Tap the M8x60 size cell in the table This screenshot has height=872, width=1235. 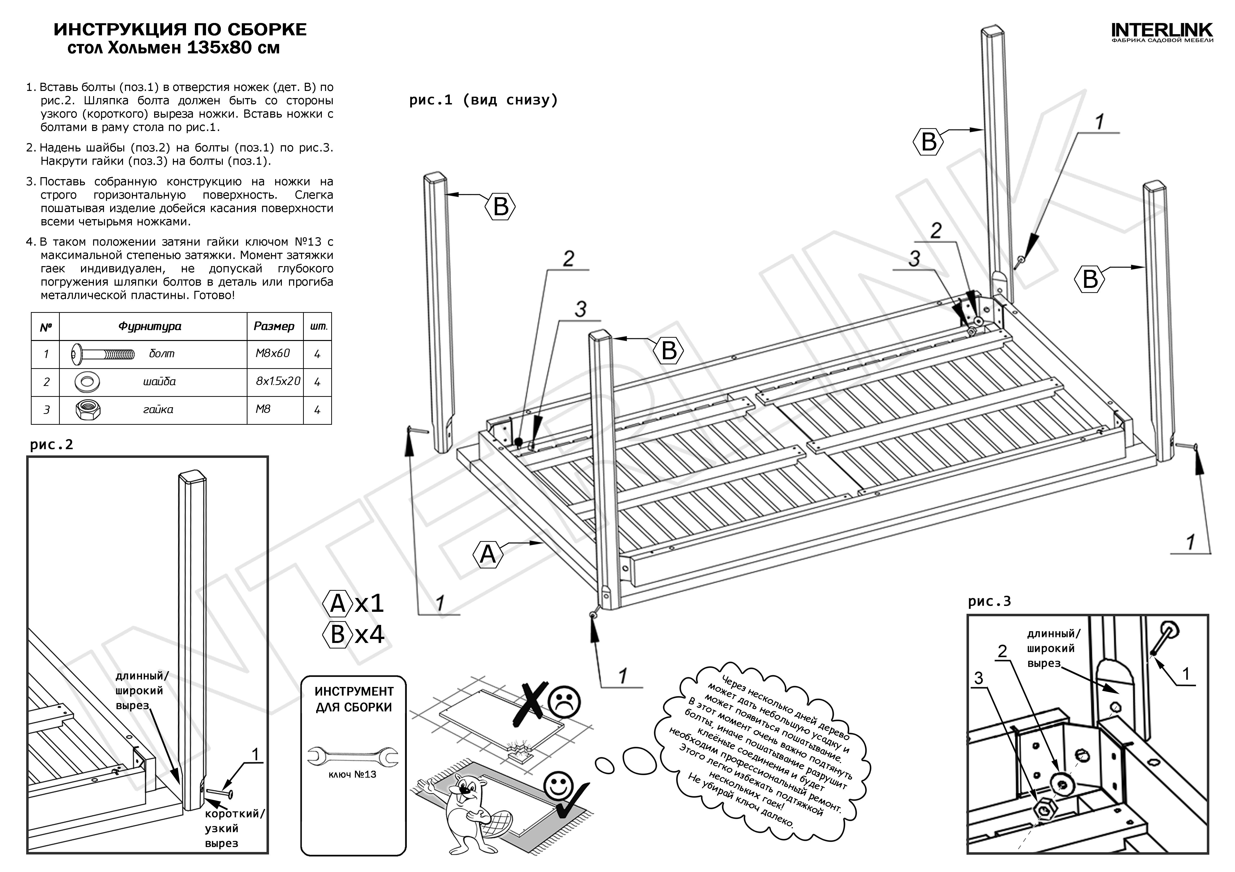point(273,353)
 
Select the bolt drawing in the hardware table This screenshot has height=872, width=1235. point(102,354)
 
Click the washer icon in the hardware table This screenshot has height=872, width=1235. point(87,382)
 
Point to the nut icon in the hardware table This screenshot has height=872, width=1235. point(87,410)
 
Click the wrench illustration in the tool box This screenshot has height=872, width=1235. point(353,756)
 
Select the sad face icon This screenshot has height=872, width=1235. point(564,701)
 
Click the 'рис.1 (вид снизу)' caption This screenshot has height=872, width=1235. point(483,100)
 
